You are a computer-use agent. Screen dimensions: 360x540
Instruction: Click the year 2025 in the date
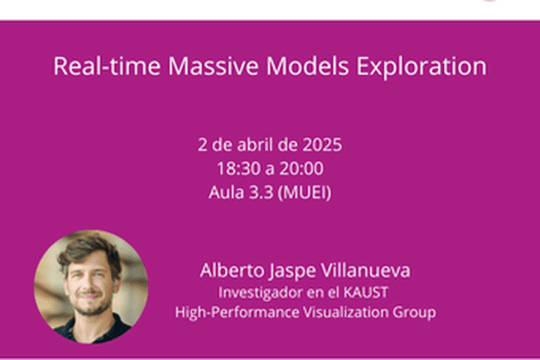pyautogui.click(x=322, y=145)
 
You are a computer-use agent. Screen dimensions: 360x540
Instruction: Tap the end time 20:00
pyautogui.click(x=304, y=169)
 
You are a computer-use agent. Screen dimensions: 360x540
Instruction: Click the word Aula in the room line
pyautogui.click(x=225, y=193)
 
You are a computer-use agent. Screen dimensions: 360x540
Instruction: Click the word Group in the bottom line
pyautogui.click(x=417, y=310)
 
